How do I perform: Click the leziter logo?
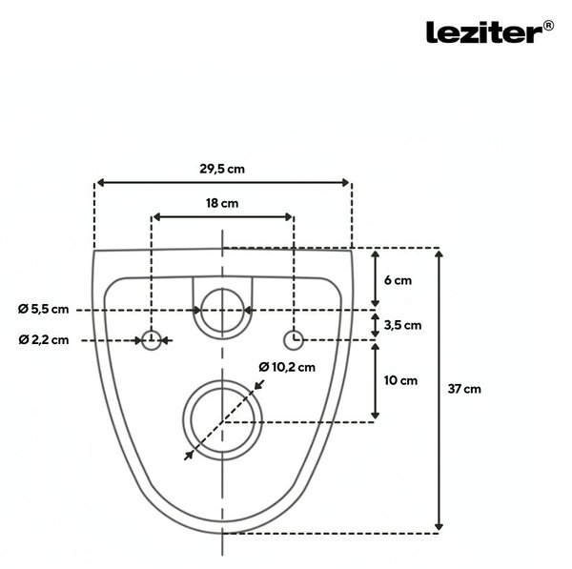(x=490, y=32)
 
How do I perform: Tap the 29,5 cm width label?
(x=222, y=169)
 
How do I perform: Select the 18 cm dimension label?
(x=222, y=203)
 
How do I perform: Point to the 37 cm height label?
(x=464, y=389)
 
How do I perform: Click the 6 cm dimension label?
(x=398, y=280)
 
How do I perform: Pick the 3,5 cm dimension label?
(x=402, y=325)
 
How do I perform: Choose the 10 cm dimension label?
(x=400, y=381)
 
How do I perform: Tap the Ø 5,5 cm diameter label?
(x=44, y=310)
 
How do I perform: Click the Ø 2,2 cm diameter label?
(x=44, y=340)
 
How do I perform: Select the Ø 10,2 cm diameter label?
(x=287, y=367)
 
